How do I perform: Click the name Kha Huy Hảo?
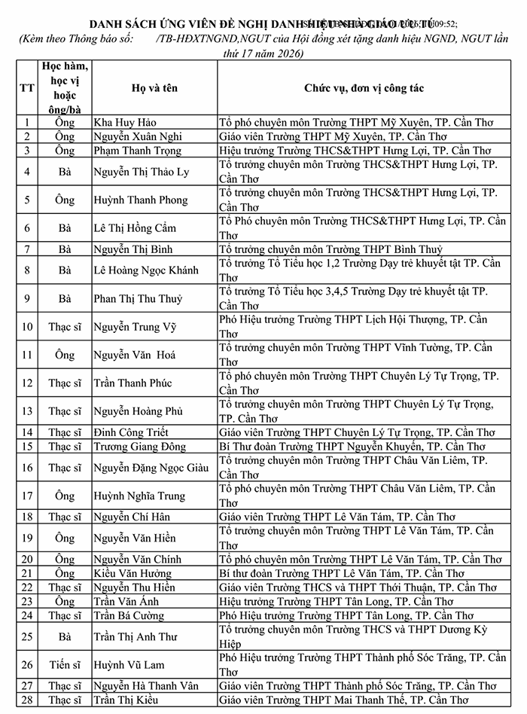(x=125, y=121)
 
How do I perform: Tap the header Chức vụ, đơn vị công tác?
(x=367, y=88)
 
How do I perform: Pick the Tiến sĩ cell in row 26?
(x=65, y=664)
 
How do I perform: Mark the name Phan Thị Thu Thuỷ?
(x=138, y=299)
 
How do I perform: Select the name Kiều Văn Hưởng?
(x=133, y=573)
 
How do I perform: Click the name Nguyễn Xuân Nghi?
(x=138, y=136)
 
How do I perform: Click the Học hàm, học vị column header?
(x=65, y=88)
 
